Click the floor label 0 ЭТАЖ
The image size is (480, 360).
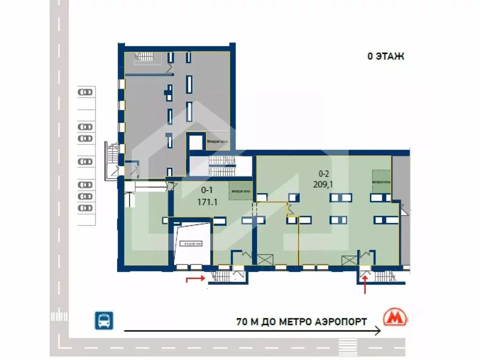(385, 57)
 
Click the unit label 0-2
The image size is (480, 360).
(323, 173)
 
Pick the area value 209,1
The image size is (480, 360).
(323, 184)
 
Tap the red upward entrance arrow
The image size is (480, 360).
(365, 284)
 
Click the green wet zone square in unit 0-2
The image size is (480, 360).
(381, 181)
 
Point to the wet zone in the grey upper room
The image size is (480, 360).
(218, 141)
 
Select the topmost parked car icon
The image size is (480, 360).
(85, 92)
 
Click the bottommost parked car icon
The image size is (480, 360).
(85, 208)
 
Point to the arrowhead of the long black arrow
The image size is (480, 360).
(378, 331)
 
